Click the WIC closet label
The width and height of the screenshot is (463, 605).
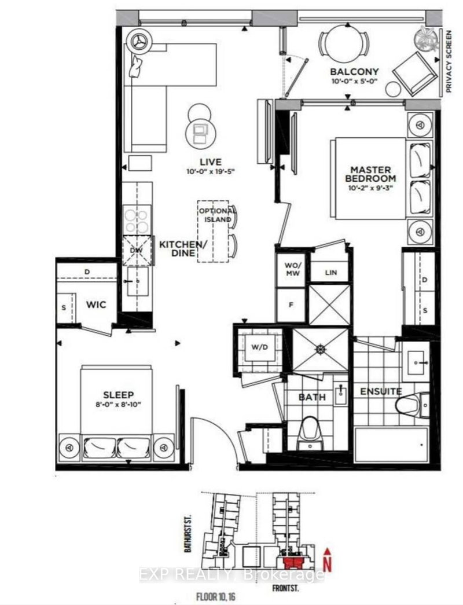[96, 305]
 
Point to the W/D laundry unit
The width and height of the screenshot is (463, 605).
[256, 349]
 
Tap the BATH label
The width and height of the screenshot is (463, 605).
[312, 397]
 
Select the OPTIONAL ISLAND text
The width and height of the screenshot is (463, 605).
[216, 215]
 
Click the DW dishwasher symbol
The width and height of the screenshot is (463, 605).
[136, 250]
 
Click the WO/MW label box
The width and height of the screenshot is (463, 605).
[291, 270]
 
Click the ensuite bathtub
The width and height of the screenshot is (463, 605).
[391, 445]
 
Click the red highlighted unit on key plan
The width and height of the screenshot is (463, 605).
[293, 562]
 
